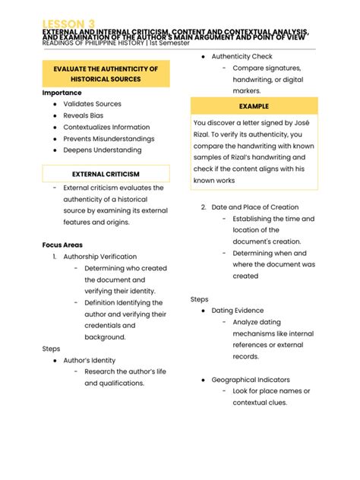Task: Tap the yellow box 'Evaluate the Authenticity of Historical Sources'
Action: click(106, 74)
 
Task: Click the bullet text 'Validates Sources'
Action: click(92, 104)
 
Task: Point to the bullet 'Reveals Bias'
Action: click(83, 115)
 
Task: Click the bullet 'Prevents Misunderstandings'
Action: click(109, 139)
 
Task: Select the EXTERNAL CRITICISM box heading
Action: click(106, 174)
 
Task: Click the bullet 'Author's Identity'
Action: click(89, 360)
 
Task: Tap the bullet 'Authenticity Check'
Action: click(242, 57)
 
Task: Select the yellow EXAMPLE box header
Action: click(254, 106)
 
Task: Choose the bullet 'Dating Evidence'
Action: click(238, 311)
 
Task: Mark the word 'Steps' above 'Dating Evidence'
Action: click(199, 299)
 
